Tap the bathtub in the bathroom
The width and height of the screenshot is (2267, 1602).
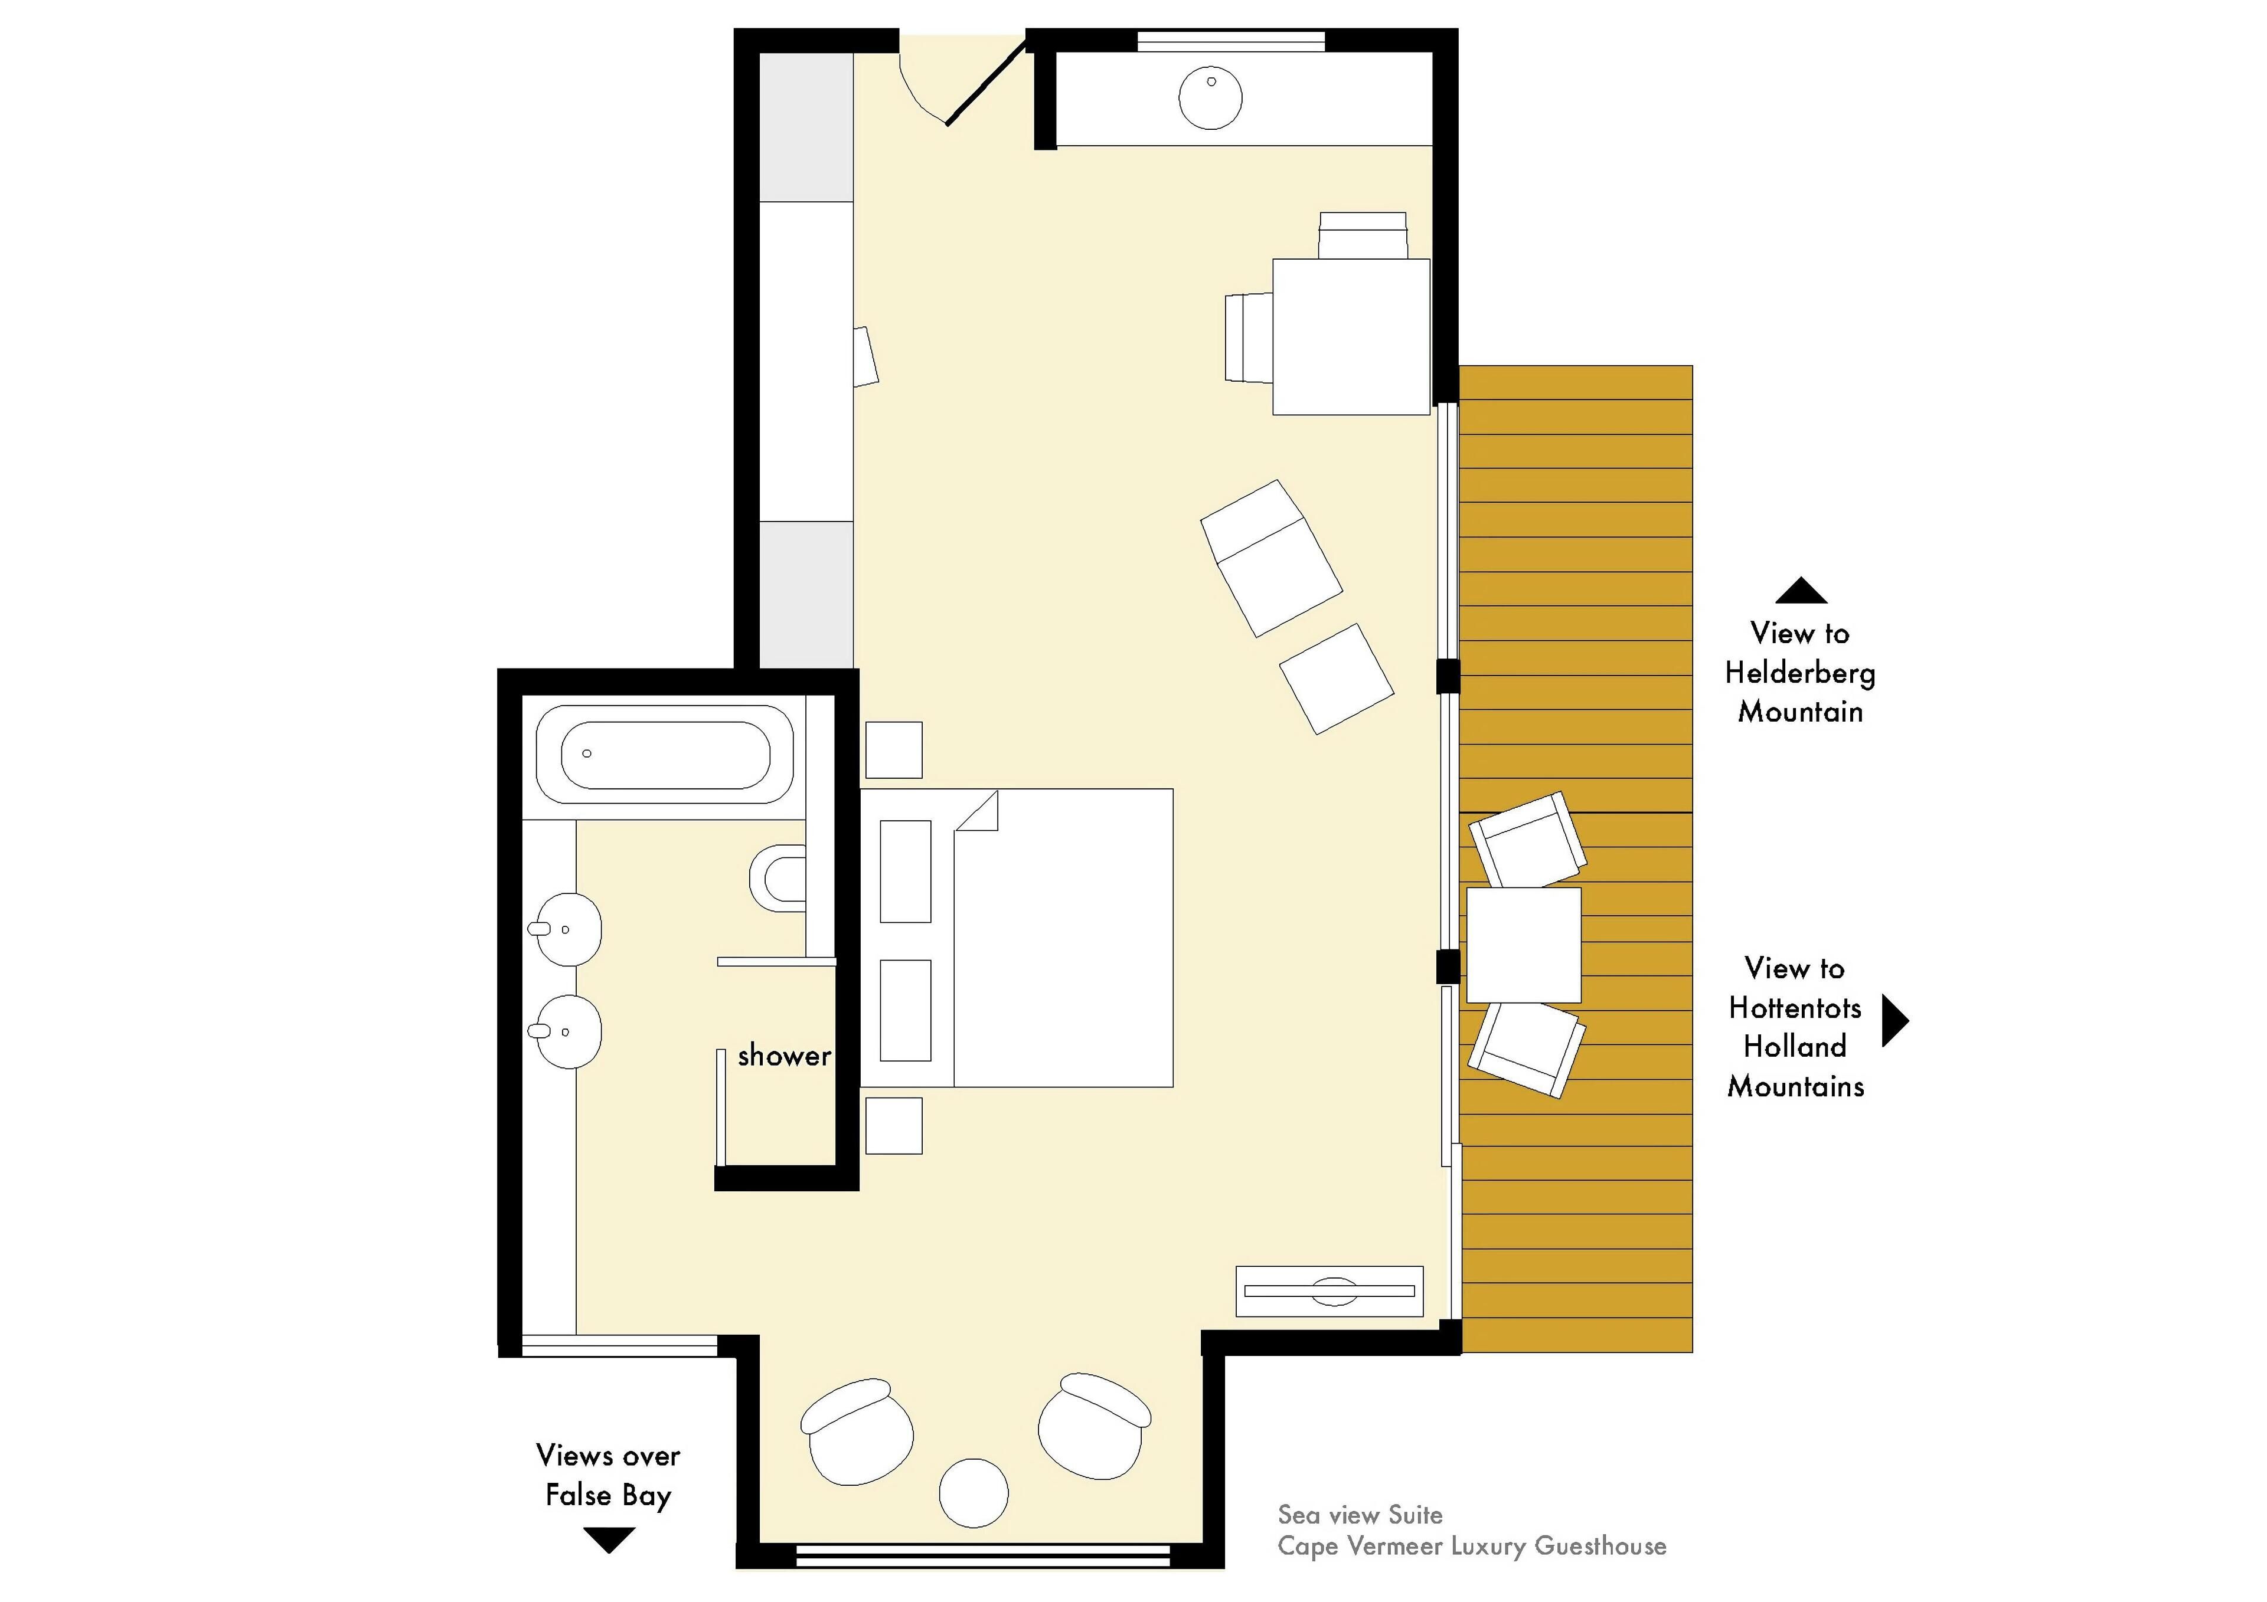click(x=665, y=755)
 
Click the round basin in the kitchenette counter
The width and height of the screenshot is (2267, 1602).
click(x=1210, y=98)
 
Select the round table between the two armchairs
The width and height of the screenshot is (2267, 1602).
click(x=974, y=1493)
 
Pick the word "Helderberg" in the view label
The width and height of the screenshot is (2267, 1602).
click(x=1800, y=673)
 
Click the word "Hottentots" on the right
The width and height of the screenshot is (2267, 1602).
click(x=1795, y=1008)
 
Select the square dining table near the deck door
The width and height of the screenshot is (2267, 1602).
click(x=1351, y=336)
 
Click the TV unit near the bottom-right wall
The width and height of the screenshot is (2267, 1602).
click(x=1329, y=1291)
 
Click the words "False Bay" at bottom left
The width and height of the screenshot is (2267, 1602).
click(x=608, y=1495)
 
